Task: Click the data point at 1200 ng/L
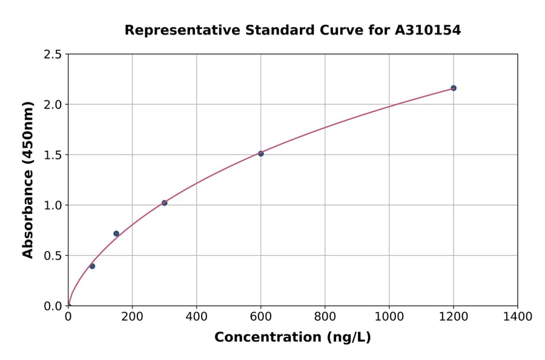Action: click(x=453, y=88)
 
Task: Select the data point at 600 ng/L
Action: click(x=260, y=153)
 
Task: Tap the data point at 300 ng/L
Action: click(x=164, y=203)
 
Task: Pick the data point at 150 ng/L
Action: click(x=116, y=233)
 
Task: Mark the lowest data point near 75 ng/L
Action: click(x=92, y=266)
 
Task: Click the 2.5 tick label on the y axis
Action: click(x=53, y=55)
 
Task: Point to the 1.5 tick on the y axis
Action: click(x=53, y=155)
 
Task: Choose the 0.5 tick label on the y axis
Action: click(x=53, y=256)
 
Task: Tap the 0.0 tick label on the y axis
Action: click(x=53, y=306)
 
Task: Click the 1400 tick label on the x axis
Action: click(x=517, y=316)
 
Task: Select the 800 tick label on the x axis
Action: click(x=325, y=316)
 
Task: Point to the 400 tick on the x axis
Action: click(x=196, y=316)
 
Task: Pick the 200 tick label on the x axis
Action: click(x=132, y=316)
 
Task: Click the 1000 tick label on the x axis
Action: click(x=389, y=316)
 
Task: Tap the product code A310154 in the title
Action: click(x=428, y=30)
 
